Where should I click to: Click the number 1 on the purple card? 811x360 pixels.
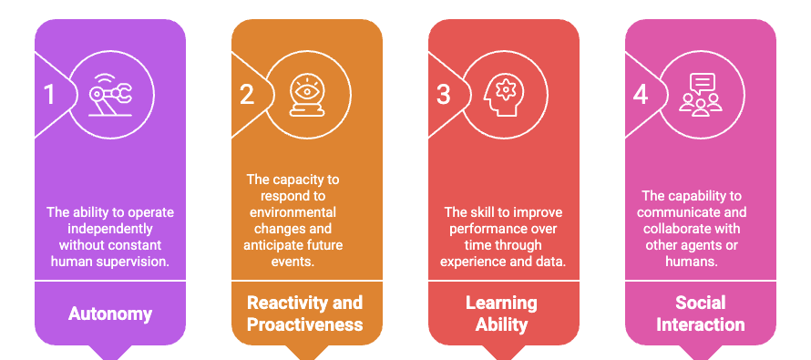click(x=50, y=95)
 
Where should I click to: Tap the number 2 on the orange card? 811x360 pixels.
click(x=247, y=95)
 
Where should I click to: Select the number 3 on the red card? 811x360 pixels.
click(x=444, y=95)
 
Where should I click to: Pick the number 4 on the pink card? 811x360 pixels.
click(x=641, y=95)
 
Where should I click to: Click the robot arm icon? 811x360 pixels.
click(x=110, y=96)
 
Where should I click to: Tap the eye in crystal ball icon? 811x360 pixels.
click(x=307, y=96)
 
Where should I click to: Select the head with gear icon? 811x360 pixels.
click(x=504, y=96)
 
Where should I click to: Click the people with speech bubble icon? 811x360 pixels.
click(x=701, y=96)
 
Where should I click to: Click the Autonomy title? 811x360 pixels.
click(x=110, y=314)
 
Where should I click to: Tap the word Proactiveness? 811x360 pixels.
click(x=306, y=324)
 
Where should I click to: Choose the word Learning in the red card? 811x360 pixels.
click(x=502, y=303)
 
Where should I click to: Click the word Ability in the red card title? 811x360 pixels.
click(x=502, y=324)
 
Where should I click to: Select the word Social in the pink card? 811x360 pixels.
click(x=700, y=303)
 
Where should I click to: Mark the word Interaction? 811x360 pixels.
click(x=700, y=324)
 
